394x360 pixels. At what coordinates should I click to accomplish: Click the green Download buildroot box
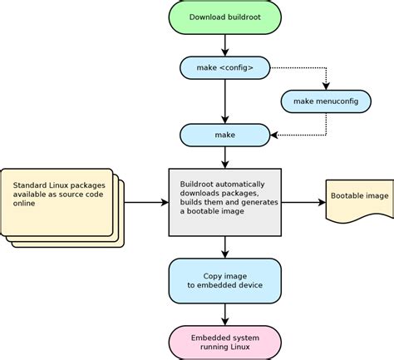(x=225, y=17)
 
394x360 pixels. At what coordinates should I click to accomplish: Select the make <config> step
(x=225, y=68)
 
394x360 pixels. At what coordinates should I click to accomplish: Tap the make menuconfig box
(x=326, y=101)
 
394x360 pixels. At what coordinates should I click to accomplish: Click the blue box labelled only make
(x=225, y=135)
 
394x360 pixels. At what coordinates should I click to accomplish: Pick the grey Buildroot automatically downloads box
(x=225, y=202)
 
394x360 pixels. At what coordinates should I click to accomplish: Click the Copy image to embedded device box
(x=225, y=281)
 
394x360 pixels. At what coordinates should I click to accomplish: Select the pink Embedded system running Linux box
(x=225, y=343)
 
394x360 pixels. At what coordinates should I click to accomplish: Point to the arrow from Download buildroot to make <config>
(x=225, y=46)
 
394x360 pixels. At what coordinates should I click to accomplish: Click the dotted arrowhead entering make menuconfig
(x=326, y=86)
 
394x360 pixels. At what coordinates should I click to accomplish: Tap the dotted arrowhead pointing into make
(x=274, y=136)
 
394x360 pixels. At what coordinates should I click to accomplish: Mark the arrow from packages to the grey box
(x=146, y=202)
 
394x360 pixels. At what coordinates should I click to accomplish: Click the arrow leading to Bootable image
(x=303, y=202)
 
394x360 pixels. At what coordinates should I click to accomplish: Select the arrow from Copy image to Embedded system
(x=225, y=314)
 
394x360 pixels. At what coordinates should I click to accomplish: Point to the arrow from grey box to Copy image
(x=225, y=247)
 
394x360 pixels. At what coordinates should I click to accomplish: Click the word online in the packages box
(x=24, y=204)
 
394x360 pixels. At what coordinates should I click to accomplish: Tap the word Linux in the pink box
(x=239, y=347)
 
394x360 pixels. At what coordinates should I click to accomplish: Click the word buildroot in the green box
(x=244, y=17)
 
